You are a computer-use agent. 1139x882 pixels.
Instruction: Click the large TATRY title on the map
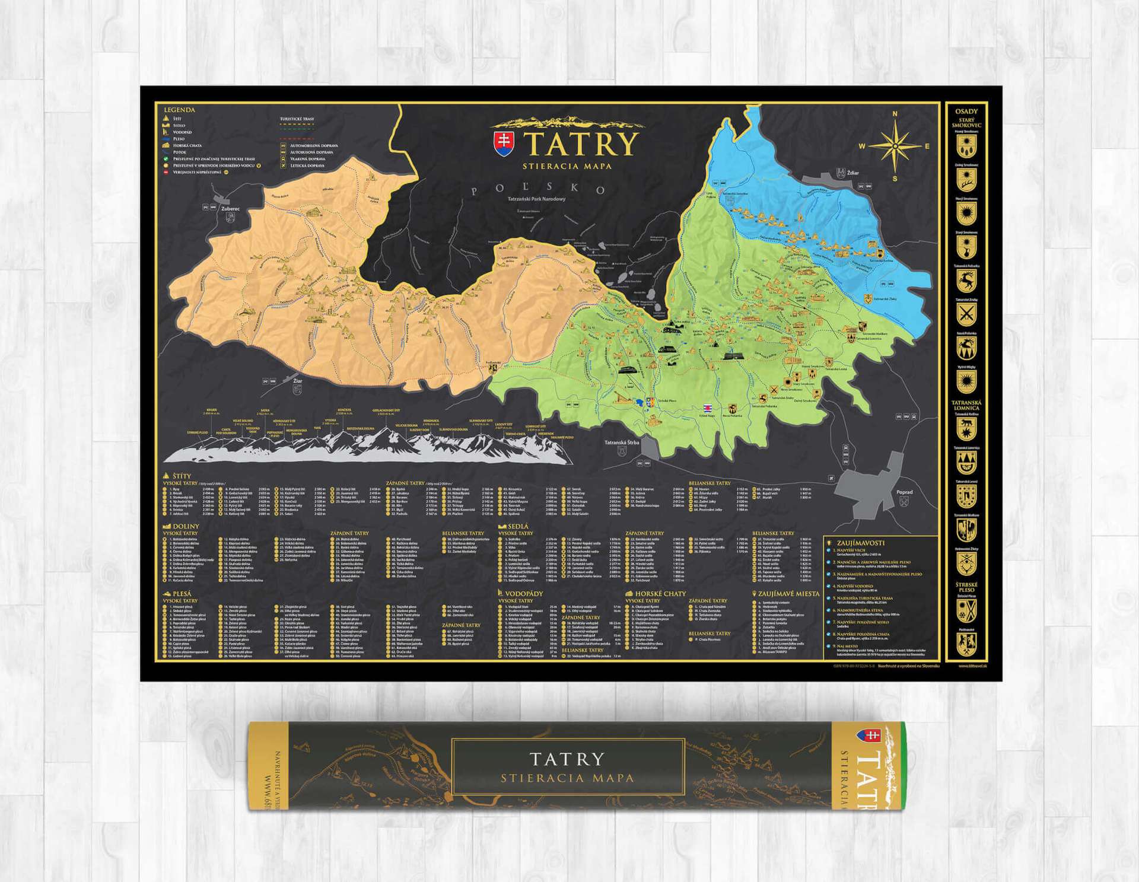click(x=580, y=144)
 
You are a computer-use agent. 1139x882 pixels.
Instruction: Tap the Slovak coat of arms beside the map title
click(x=503, y=144)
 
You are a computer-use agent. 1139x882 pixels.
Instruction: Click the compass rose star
click(x=895, y=146)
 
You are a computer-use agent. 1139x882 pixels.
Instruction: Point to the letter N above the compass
click(x=895, y=113)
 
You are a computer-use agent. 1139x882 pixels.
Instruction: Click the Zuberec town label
click(x=230, y=209)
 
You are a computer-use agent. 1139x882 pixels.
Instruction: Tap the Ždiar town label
click(x=853, y=173)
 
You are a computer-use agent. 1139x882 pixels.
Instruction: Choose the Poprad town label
click(x=904, y=492)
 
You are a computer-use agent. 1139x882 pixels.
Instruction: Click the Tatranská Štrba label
click(x=622, y=442)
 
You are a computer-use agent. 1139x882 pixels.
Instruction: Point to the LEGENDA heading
click(x=179, y=110)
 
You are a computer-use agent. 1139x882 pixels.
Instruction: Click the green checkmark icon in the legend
click(x=166, y=159)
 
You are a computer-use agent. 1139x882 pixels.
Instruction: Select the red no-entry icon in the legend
click(x=166, y=173)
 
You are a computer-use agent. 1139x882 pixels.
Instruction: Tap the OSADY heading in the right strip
click(x=966, y=112)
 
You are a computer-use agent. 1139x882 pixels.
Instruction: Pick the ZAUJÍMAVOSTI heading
click(x=860, y=543)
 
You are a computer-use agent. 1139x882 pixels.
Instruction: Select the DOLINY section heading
click(x=185, y=526)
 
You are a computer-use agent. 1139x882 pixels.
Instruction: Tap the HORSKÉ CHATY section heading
click(x=660, y=593)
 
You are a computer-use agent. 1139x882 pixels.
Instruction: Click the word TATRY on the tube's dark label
click(x=567, y=759)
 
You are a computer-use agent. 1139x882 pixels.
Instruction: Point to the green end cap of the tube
click(x=902, y=766)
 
